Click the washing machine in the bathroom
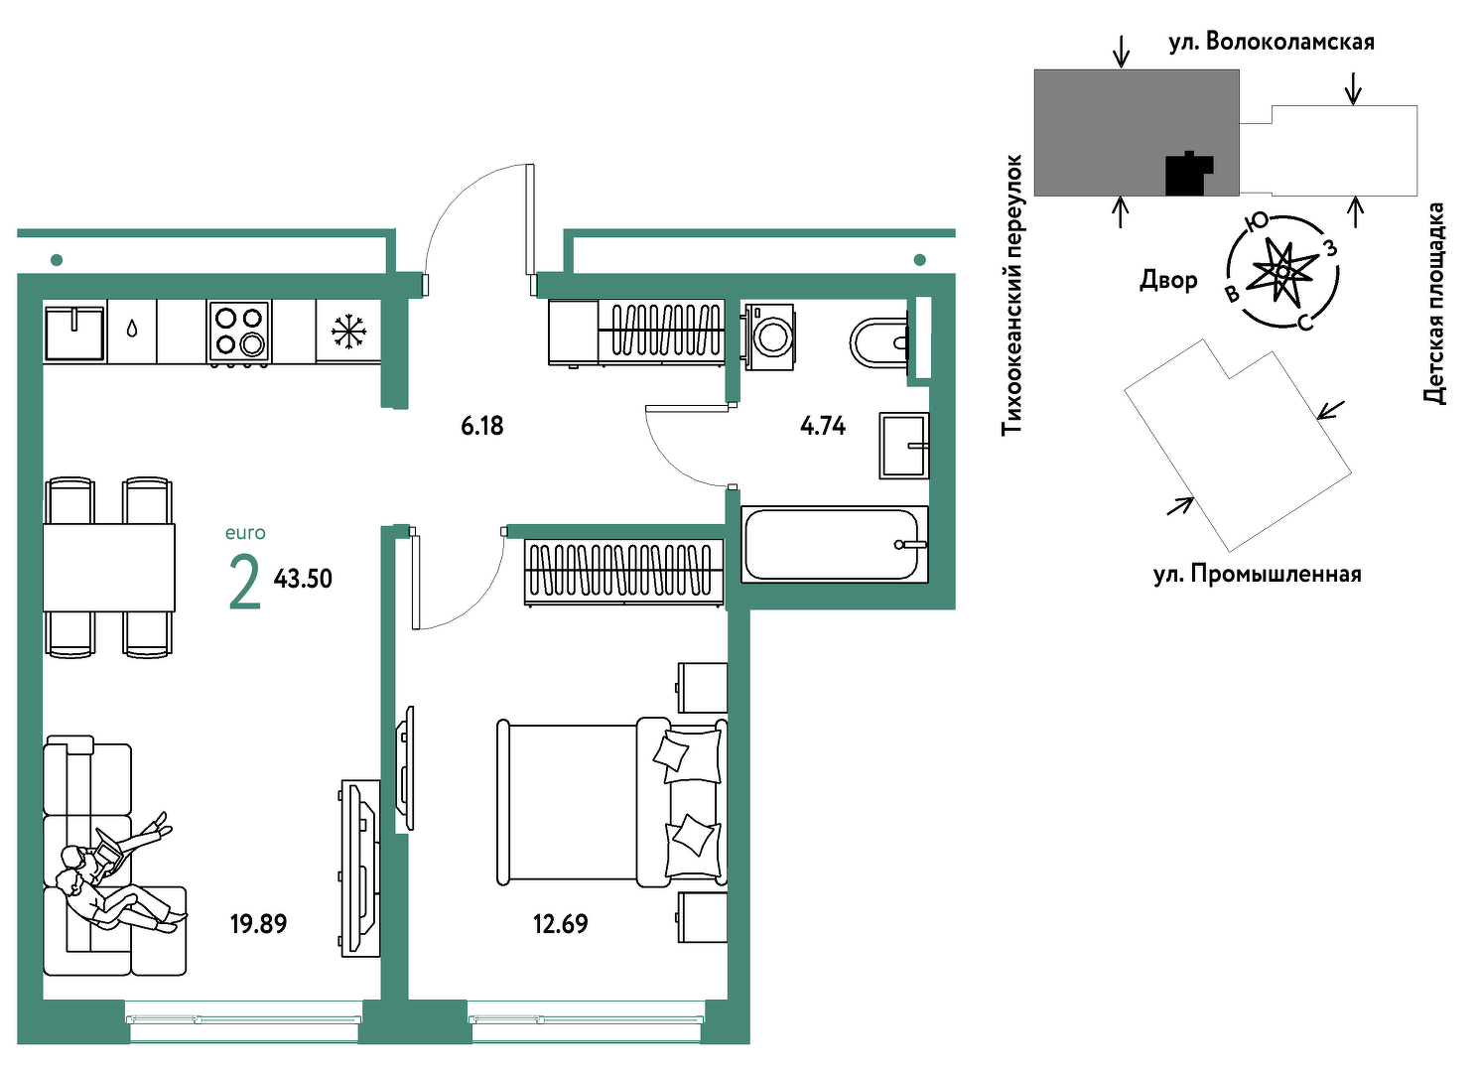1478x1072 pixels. pyautogui.click(x=768, y=335)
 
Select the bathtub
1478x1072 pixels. pyautogui.click(x=835, y=544)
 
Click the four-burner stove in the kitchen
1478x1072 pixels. pyautogui.click(x=239, y=332)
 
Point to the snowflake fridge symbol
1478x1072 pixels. pyautogui.click(x=348, y=332)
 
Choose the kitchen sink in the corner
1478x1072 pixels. pyautogui.click(x=74, y=331)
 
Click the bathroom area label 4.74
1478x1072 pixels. pyautogui.click(x=823, y=426)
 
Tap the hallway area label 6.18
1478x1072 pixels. pyautogui.click(x=482, y=426)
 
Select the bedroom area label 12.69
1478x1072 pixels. pyautogui.click(x=560, y=923)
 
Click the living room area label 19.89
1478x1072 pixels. pyautogui.click(x=259, y=923)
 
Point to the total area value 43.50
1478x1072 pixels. pyautogui.click(x=303, y=579)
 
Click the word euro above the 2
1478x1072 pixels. pyautogui.click(x=245, y=533)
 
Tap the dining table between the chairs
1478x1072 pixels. pyautogui.click(x=109, y=568)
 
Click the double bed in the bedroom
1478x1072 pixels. pyautogui.click(x=611, y=802)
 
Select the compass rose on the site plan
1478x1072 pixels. pyautogui.click(x=1282, y=271)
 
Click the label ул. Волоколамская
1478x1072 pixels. pyautogui.click(x=1272, y=43)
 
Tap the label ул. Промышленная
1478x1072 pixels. pyautogui.click(x=1258, y=574)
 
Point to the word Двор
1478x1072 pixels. pyautogui.click(x=1168, y=280)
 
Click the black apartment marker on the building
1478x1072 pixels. pyautogui.click(x=1188, y=174)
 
